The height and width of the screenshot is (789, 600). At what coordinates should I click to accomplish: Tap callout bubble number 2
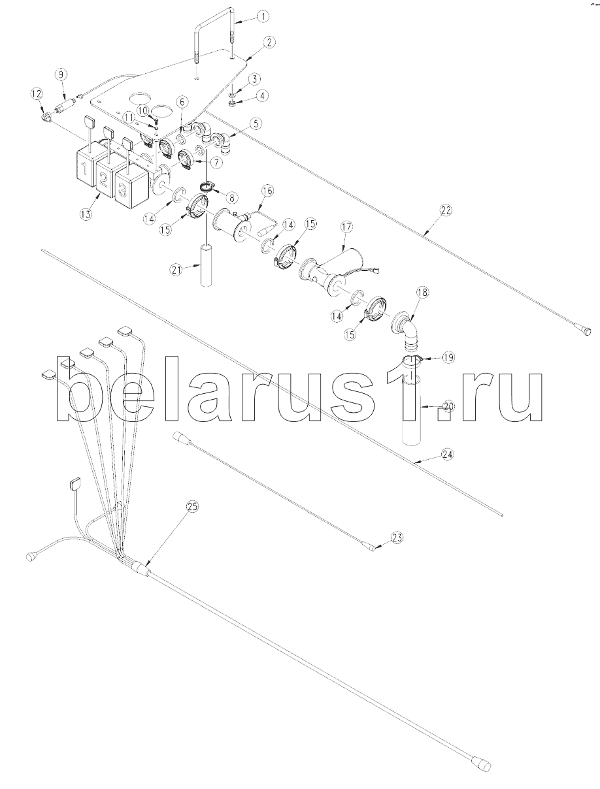click(x=269, y=42)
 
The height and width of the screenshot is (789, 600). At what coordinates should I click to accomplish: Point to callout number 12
click(x=37, y=94)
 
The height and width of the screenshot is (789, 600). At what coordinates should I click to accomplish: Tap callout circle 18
click(x=423, y=293)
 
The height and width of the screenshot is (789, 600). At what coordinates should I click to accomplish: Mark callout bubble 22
click(x=445, y=210)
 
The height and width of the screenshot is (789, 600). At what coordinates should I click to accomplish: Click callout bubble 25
click(x=192, y=507)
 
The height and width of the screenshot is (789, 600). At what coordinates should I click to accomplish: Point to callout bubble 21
click(x=176, y=270)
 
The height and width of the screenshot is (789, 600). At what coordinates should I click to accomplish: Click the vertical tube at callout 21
click(x=207, y=266)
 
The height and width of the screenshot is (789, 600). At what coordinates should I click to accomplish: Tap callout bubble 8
click(x=231, y=198)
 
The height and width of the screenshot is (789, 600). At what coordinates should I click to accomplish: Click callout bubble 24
click(x=448, y=455)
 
